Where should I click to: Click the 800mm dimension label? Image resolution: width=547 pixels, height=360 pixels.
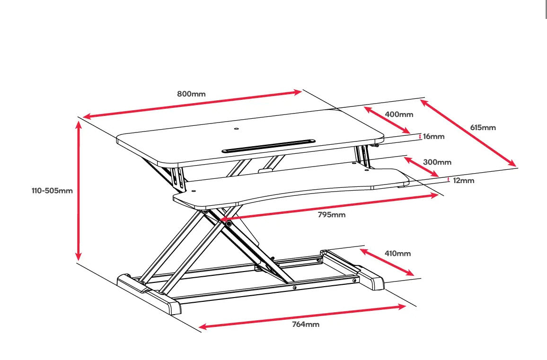tap(191, 94)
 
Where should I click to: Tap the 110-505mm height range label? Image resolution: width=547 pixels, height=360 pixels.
tap(52, 191)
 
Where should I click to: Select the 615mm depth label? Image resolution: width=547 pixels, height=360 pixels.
tap(483, 128)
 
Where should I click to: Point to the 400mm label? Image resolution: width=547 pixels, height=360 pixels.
tap(399, 114)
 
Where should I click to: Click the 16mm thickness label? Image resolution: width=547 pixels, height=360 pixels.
tap(433, 137)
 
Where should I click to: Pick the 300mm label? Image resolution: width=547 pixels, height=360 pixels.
tap(437, 162)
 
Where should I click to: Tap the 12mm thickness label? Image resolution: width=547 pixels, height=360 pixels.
tap(463, 181)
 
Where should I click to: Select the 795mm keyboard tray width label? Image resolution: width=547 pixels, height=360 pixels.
tap(331, 215)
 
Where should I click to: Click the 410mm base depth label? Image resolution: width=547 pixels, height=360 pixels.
tap(397, 254)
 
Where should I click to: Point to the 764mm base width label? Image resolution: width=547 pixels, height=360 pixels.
tap(305, 325)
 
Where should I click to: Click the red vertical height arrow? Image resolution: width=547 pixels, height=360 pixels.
tap(79, 191)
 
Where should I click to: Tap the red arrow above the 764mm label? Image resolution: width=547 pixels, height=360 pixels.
tap(302, 316)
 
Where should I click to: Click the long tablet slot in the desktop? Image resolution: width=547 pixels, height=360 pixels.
tap(268, 146)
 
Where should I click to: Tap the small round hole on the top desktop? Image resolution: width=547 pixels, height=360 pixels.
tap(237, 128)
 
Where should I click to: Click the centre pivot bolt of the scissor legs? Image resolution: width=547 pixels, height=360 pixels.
tap(229, 223)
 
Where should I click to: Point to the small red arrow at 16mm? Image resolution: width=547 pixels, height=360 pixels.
tap(420, 137)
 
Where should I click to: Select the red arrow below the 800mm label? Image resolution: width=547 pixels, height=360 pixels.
tap(192, 104)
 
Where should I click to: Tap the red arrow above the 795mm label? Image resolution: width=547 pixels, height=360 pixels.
tap(331, 207)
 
